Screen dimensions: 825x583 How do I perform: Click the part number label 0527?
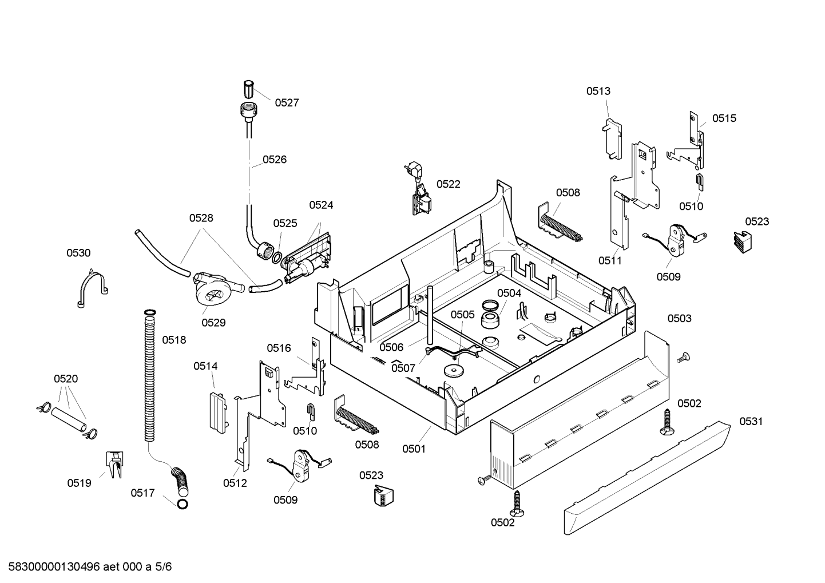coord(287,103)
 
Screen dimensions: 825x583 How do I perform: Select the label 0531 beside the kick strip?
coord(751,421)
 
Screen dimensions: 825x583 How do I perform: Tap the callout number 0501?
coord(414,449)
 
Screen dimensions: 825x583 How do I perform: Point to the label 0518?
coord(174,340)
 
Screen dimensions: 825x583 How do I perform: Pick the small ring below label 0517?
coord(183,505)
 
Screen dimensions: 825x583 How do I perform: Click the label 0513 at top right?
coord(598,91)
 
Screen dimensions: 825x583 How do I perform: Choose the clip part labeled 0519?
coord(115,465)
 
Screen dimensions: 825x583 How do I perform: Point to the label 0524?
coord(321,205)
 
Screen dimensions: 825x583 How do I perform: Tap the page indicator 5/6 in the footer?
coord(163,567)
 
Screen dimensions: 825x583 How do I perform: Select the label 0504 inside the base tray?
coord(509,293)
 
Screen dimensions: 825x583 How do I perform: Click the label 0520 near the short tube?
coord(66,379)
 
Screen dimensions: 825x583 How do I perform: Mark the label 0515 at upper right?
coord(724,118)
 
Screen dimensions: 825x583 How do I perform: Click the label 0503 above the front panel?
coord(680,319)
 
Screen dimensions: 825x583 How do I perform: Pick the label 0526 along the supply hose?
coord(275,160)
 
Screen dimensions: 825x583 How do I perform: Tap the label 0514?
coord(205,366)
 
